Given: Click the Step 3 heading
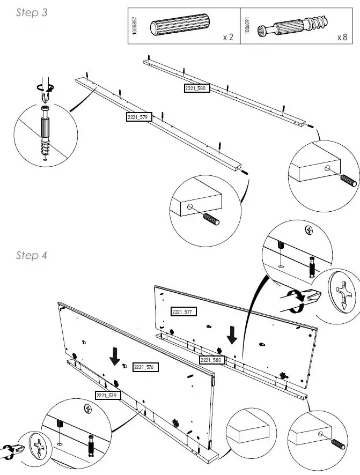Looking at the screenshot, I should click(31, 13).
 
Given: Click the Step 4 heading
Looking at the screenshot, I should click(31, 255).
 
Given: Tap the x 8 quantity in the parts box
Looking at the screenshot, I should click(342, 38).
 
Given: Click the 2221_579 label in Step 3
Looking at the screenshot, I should click(139, 116).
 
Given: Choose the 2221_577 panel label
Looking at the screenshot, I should click(183, 311).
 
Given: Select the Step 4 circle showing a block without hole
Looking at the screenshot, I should click(247, 435).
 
